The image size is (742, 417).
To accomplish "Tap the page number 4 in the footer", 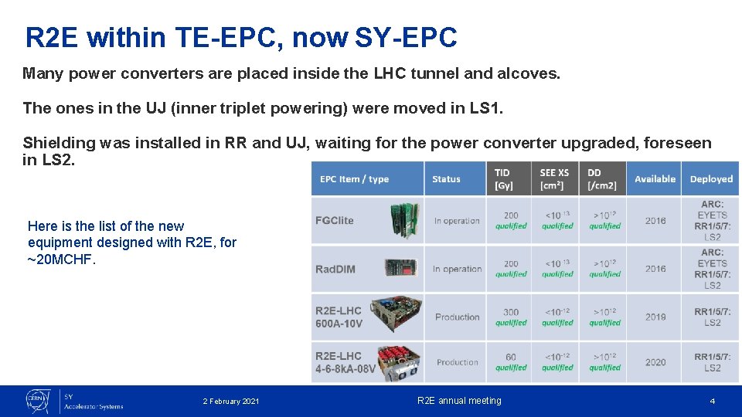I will tap(713, 402).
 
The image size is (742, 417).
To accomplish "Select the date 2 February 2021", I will tap(231, 402).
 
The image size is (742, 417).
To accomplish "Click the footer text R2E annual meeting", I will tap(459, 401).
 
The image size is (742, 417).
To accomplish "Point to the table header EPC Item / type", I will tap(354, 179).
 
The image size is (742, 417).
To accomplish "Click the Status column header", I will tap(446, 179).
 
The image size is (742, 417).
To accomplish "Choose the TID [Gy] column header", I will tap(502, 178).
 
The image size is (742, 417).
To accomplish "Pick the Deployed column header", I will tap(711, 179).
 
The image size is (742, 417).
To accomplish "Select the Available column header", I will tap(655, 179).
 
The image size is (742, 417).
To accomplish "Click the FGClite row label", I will tap(334, 220).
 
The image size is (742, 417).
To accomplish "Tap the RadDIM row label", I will tap(335, 269).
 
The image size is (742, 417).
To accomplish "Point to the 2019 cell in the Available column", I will tap(655, 317).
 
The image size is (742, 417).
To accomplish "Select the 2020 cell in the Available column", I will tap(655, 362).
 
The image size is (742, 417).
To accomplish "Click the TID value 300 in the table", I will tap(511, 312).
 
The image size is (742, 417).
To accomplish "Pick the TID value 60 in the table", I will tap(511, 357).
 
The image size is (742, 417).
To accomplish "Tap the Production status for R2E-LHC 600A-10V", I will tap(457, 317).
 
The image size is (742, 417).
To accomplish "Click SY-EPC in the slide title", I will tap(406, 36).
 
